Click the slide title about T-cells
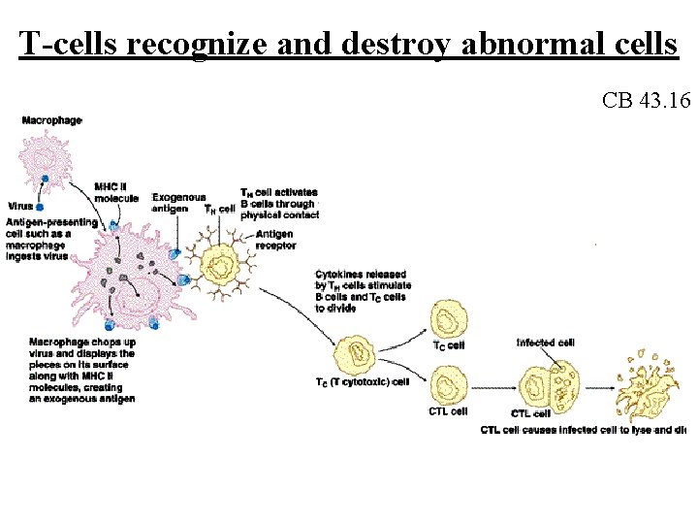(348, 43)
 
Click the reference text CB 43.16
(645, 100)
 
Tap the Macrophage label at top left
(51, 120)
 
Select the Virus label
(19, 207)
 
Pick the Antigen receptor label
(274, 240)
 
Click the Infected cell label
(545, 343)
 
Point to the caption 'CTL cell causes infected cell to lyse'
(582, 430)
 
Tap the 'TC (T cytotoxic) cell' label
(362, 381)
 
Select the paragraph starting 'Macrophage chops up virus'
(82, 370)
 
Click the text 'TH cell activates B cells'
(278, 204)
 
